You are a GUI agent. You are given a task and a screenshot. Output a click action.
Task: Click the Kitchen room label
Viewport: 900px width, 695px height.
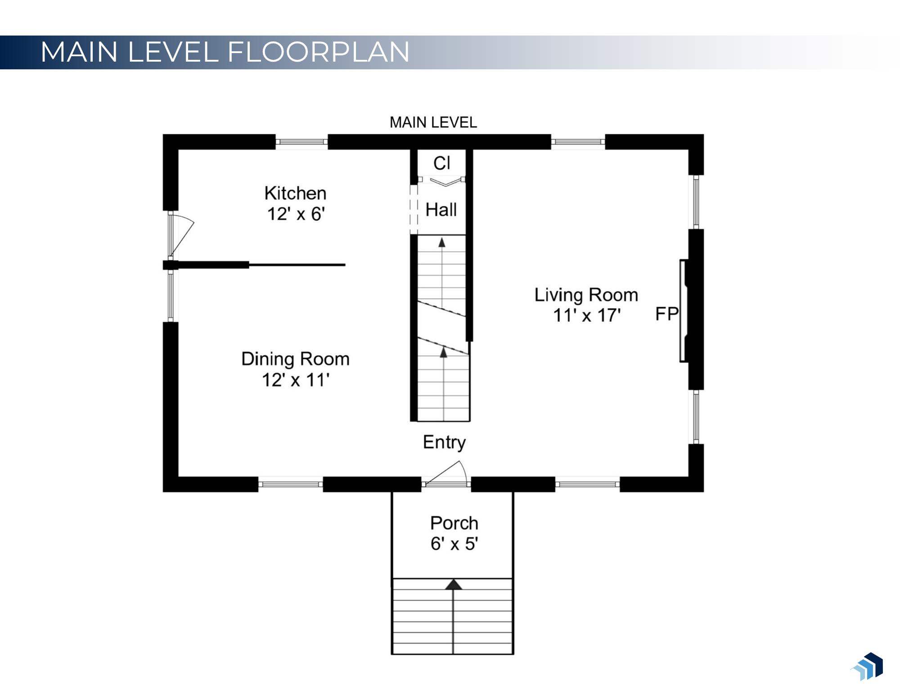pyautogui.click(x=295, y=193)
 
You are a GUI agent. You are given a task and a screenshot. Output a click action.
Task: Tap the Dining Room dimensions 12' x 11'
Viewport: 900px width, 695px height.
pyautogui.click(x=295, y=380)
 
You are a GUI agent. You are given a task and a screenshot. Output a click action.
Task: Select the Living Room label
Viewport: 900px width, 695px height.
pyautogui.click(x=586, y=295)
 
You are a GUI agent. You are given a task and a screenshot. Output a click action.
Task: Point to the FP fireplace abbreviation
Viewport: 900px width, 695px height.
pyautogui.click(x=666, y=314)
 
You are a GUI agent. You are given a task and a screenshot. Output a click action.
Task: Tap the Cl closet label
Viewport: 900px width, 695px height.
pyautogui.click(x=441, y=163)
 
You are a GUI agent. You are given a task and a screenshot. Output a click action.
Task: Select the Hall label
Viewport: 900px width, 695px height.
pyautogui.click(x=441, y=210)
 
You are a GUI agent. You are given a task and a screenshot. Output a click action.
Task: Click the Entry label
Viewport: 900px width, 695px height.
pyautogui.click(x=444, y=442)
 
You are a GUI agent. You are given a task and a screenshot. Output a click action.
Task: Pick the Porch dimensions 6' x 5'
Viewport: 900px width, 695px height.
pyautogui.click(x=454, y=544)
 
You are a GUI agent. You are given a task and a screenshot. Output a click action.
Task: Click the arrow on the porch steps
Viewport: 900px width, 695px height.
pyautogui.click(x=454, y=585)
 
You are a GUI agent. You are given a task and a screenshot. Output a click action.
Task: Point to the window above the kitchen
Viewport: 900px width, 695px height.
pyautogui.click(x=301, y=142)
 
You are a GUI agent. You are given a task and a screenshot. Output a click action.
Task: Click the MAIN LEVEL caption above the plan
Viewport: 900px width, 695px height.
pyautogui.click(x=433, y=122)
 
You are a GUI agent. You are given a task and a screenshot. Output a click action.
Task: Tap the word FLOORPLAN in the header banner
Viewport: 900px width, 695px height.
pyautogui.click(x=319, y=52)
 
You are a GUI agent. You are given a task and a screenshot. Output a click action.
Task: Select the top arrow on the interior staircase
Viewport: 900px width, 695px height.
pyautogui.click(x=442, y=243)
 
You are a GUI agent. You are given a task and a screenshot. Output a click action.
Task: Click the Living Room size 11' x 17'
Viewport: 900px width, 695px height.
pyautogui.click(x=586, y=315)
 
